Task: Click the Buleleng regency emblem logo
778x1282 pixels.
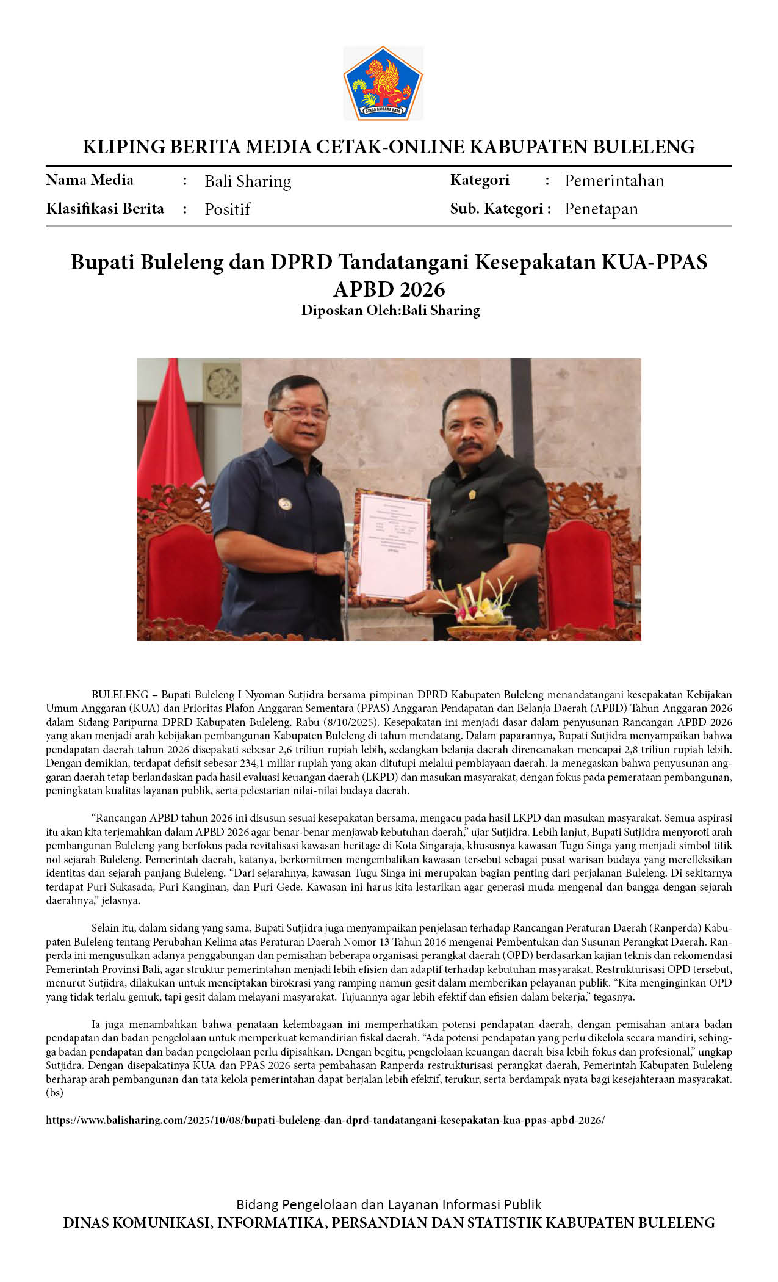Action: [383, 83]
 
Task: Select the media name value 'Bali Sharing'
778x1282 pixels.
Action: [248, 181]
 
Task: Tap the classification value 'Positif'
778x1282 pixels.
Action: [227, 209]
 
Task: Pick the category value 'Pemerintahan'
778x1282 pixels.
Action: [614, 181]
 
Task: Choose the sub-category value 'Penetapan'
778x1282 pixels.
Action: [601, 209]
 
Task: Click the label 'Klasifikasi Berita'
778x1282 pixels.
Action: [105, 209]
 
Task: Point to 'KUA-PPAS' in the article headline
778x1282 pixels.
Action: [654, 262]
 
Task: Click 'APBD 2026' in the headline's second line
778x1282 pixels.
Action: [389, 289]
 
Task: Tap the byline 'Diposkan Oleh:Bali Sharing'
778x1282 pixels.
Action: [391, 310]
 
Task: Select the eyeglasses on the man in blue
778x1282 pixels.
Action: [303, 413]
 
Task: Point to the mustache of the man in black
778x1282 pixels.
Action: [470, 446]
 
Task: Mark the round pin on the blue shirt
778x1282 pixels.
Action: [284, 504]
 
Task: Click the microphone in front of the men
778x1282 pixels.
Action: [347, 549]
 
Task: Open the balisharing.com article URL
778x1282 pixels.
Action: [325, 1121]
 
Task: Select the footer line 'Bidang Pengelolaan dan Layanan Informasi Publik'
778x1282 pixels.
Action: [389, 1204]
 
